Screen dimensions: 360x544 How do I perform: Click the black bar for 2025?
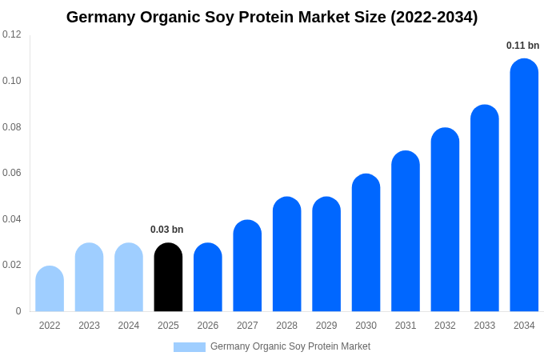(168, 278)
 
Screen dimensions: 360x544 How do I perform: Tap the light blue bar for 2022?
(50, 289)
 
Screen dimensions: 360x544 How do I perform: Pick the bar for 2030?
(366, 243)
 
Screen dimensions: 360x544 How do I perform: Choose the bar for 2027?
(247, 266)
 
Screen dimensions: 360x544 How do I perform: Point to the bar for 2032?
(445, 220)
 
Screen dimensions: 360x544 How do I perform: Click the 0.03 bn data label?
(167, 230)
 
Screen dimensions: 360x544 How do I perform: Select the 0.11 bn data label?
(522, 46)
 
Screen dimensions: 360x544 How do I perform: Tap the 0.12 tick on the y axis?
(12, 34)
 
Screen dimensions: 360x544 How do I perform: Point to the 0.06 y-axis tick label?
(12, 173)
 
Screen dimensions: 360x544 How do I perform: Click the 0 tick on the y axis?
(18, 311)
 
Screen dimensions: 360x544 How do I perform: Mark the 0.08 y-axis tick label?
(12, 127)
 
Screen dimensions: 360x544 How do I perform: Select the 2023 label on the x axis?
(89, 326)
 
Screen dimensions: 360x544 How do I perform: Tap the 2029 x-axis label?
(326, 326)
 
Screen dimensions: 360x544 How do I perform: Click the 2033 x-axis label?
(484, 326)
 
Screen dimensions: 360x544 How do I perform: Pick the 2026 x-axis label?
(208, 326)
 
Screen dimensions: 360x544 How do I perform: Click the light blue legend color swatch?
(190, 347)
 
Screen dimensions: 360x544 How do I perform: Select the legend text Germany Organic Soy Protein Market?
(290, 346)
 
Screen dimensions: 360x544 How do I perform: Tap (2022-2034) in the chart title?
(434, 17)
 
